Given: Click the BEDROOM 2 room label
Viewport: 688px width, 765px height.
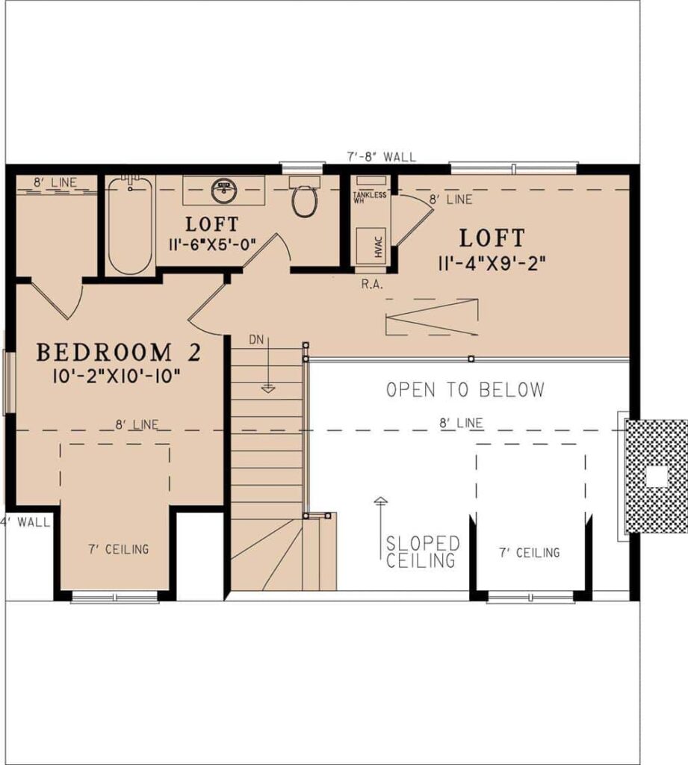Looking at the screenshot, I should (119, 351).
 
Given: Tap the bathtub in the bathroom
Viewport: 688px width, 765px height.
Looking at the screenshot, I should (130, 225).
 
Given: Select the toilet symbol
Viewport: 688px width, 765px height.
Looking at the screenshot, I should (304, 199).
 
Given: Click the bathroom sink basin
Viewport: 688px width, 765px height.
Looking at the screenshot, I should (223, 189).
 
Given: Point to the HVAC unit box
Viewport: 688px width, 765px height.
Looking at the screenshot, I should (371, 246).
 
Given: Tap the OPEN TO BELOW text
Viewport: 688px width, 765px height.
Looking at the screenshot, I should (465, 389).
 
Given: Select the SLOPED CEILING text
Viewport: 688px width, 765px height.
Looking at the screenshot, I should (422, 552).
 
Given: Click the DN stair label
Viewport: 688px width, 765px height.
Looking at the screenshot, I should (257, 340).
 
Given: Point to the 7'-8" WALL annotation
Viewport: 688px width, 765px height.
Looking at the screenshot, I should (381, 157).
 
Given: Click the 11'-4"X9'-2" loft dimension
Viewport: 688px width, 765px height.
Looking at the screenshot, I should (493, 262).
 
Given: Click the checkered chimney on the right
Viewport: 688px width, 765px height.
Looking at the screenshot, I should (655, 476).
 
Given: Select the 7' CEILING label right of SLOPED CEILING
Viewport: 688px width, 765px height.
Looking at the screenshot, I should (529, 553).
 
